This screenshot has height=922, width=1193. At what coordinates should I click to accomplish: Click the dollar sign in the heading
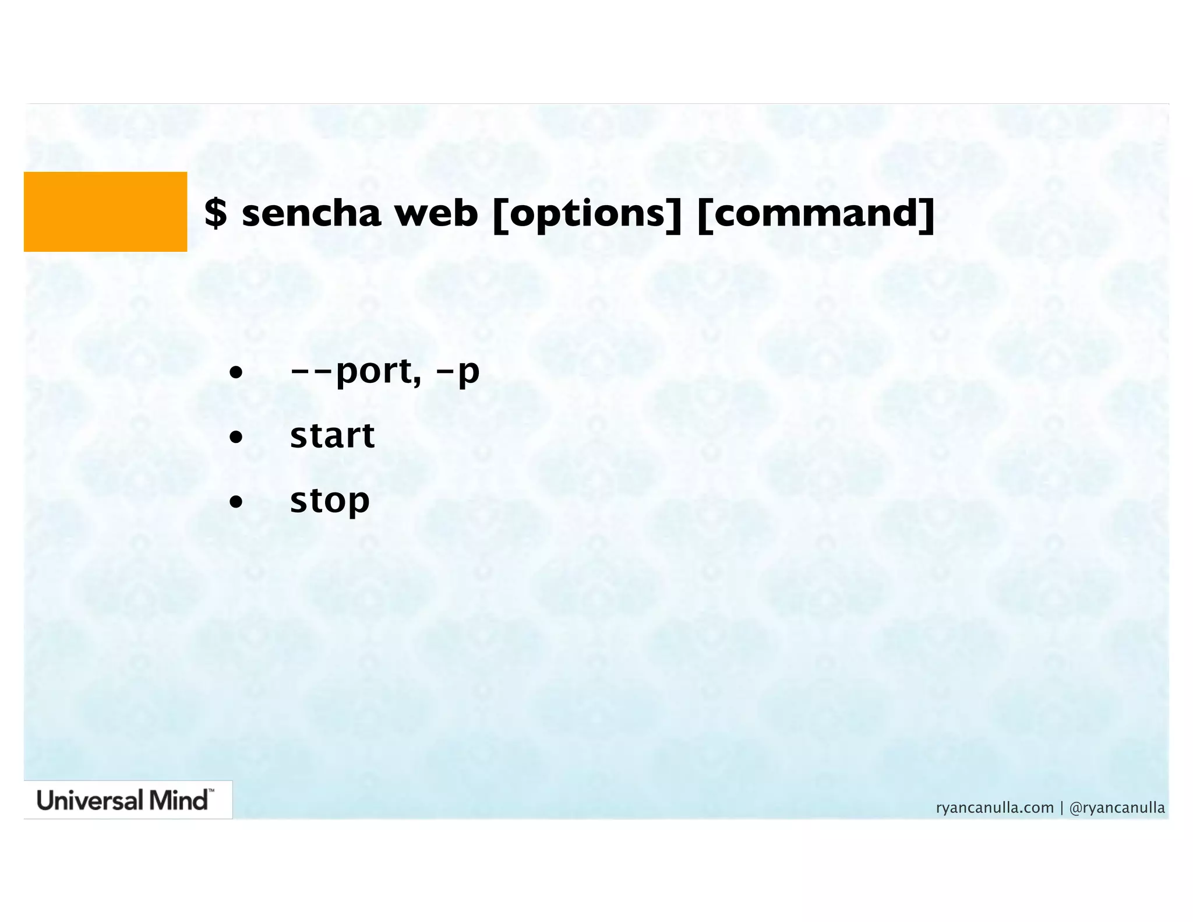[x=216, y=213]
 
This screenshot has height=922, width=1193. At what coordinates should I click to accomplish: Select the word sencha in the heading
[x=311, y=213]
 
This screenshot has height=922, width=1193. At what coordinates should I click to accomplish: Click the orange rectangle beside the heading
[x=105, y=212]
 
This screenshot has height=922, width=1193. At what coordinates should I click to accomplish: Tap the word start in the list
[x=332, y=435]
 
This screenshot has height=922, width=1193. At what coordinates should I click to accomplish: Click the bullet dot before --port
[x=235, y=372]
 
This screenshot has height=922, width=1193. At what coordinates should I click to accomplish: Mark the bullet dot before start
[x=235, y=437]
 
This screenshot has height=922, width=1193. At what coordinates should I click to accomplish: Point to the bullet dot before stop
[x=235, y=501]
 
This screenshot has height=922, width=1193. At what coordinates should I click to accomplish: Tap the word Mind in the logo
[x=178, y=800]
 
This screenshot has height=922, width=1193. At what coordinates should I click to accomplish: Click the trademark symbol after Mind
[x=211, y=791]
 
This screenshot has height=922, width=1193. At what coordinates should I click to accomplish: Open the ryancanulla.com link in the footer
[x=995, y=808]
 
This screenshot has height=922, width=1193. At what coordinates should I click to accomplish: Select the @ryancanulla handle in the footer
[x=1117, y=808]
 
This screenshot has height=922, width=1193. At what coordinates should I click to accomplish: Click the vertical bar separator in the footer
[x=1061, y=808]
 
